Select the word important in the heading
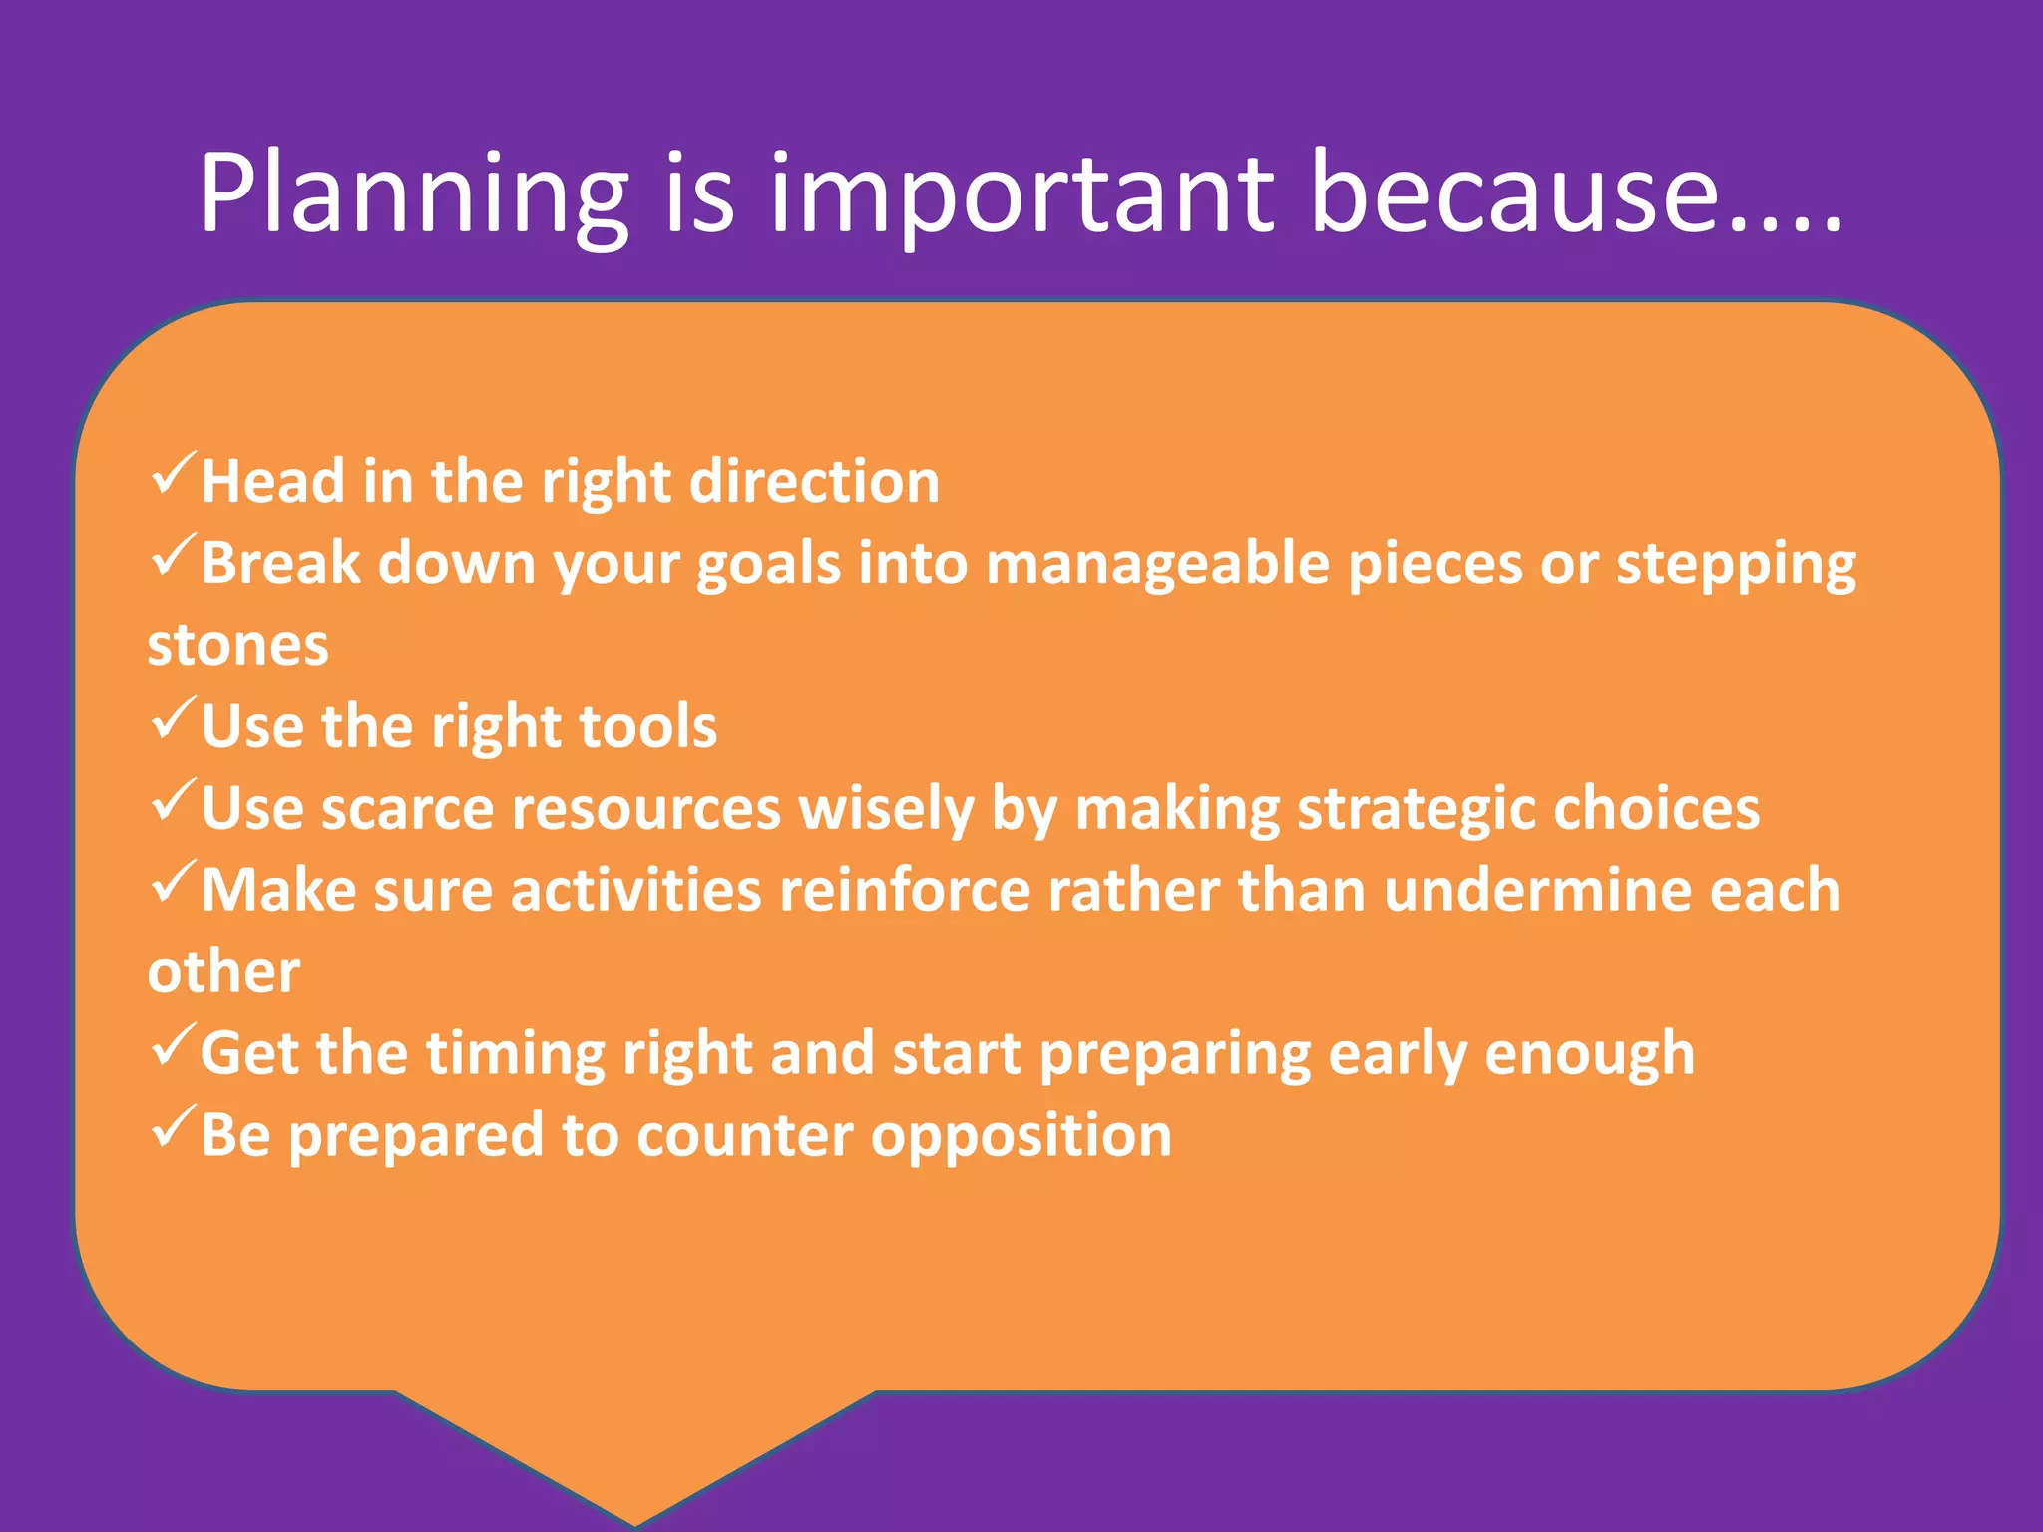point(1021,194)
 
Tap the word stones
point(237,645)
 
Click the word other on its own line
point(223,972)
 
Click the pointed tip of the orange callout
point(635,1520)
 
